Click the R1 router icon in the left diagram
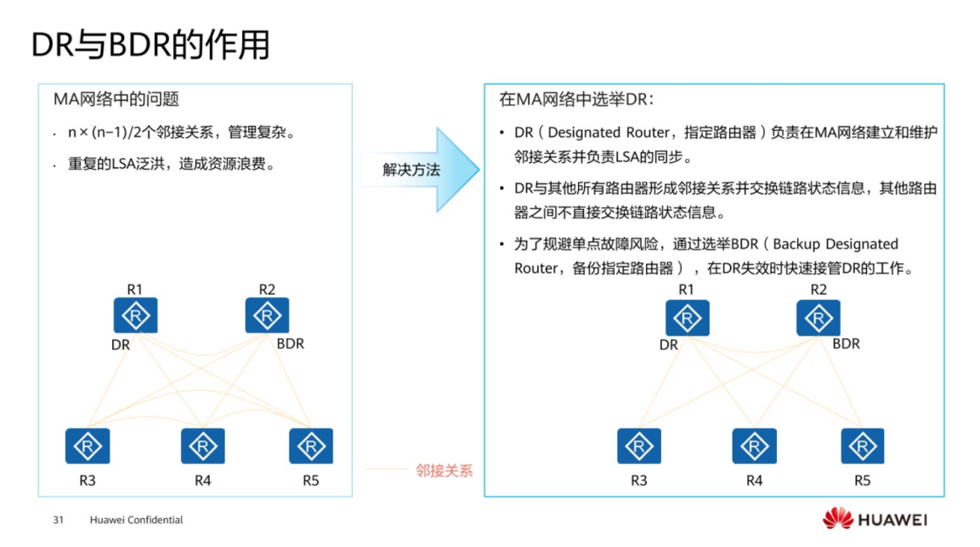pyautogui.click(x=135, y=316)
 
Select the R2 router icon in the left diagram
pyautogui.click(x=267, y=316)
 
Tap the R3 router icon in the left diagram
pyautogui.click(x=88, y=446)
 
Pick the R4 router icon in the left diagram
pyautogui.click(x=202, y=446)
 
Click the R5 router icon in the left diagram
pyautogui.click(x=311, y=446)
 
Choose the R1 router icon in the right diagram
pyautogui.click(x=687, y=318)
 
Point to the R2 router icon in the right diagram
pyautogui.click(x=819, y=318)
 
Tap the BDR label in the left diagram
pyautogui.click(x=290, y=344)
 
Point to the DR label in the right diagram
pyautogui.click(x=669, y=345)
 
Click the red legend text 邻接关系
pyautogui.click(x=444, y=471)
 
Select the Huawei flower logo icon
pyautogui.click(x=837, y=519)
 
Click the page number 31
pyautogui.click(x=59, y=520)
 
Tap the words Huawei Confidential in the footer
pyautogui.click(x=136, y=520)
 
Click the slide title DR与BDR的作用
pyautogui.click(x=150, y=45)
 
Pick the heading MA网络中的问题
pyautogui.click(x=116, y=99)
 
